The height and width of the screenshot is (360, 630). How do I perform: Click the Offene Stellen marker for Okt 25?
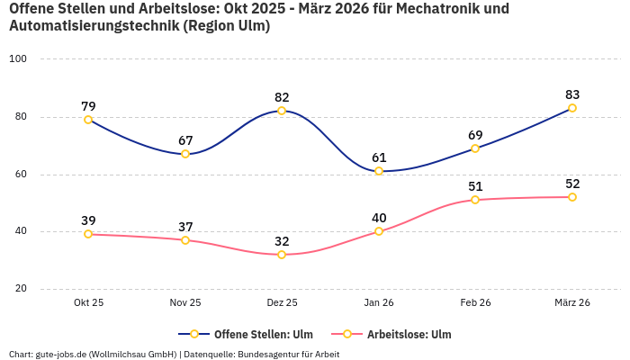coord(88,120)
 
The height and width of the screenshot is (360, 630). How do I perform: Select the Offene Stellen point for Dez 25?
coord(282,111)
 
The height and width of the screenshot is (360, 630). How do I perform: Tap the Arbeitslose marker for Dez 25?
coord(282,255)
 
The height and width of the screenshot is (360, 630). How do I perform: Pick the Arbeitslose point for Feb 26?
coord(475,200)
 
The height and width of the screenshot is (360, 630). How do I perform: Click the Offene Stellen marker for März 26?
coord(572,108)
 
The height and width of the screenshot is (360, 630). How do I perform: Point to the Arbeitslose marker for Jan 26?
coord(379,231)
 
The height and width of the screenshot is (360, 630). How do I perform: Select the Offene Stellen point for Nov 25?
coord(185,154)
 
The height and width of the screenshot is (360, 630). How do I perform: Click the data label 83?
coord(572,94)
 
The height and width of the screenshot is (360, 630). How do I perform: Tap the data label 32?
coord(282,241)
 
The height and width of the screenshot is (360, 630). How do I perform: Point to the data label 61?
coord(379,157)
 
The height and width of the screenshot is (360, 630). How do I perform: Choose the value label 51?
coord(475,186)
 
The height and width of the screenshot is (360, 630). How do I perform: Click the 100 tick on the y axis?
coord(18,59)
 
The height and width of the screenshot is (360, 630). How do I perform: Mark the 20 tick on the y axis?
coord(21,289)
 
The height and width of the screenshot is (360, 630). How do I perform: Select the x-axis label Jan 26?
coord(379,303)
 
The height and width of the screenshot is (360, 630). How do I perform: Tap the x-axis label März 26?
coord(572,303)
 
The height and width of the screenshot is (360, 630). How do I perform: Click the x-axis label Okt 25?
coord(88,303)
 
